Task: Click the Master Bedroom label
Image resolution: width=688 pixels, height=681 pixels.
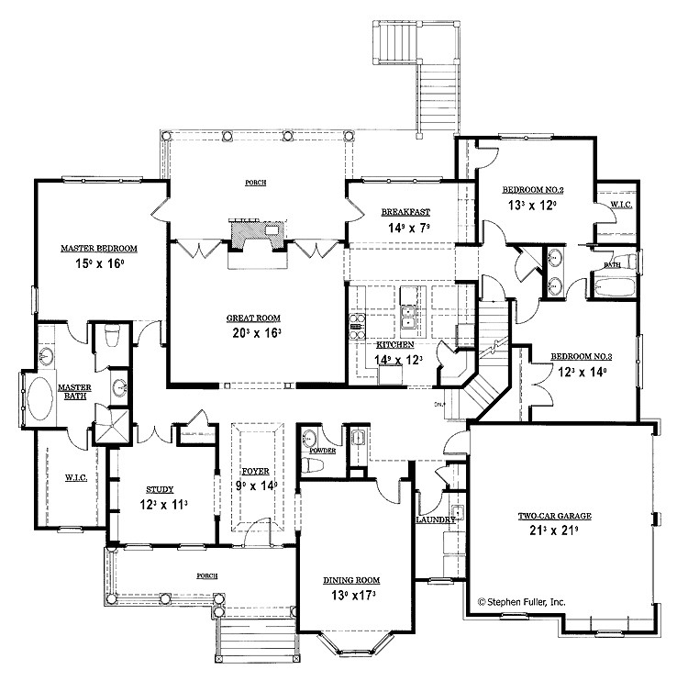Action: pyautogui.click(x=99, y=248)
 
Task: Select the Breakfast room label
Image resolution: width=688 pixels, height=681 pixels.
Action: pyautogui.click(x=405, y=212)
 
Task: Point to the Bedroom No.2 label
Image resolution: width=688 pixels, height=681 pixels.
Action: pyautogui.click(x=532, y=190)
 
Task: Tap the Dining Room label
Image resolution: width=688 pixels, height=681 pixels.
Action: pyautogui.click(x=351, y=580)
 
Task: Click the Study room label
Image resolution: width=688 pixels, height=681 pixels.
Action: pyautogui.click(x=159, y=490)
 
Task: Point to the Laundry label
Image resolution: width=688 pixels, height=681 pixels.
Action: pyautogui.click(x=435, y=519)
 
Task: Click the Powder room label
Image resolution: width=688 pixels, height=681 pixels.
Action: pyautogui.click(x=321, y=452)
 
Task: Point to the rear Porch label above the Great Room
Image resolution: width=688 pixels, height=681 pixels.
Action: pyautogui.click(x=256, y=183)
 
